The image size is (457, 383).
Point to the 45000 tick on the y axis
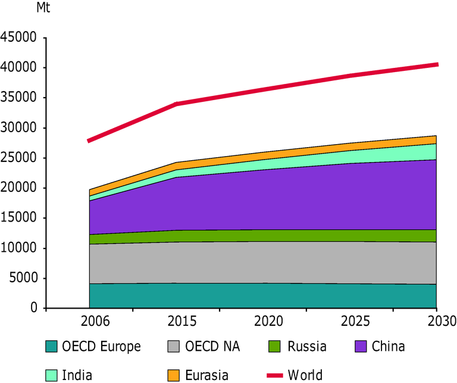click(19, 38)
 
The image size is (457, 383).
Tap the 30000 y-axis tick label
click(19, 128)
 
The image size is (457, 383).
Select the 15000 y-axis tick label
click(19, 218)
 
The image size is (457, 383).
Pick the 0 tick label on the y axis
click(33, 309)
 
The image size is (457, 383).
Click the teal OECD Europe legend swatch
click(52, 346)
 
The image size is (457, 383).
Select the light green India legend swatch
click(52, 375)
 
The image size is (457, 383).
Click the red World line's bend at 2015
click(177, 104)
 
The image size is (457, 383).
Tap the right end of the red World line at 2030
click(437, 64)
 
